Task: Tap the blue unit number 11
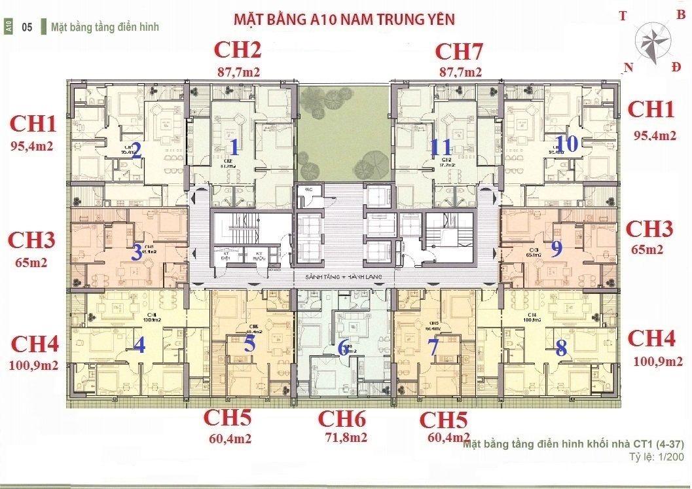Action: (441, 147)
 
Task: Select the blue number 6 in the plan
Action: (343, 348)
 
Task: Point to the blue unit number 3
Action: (136, 252)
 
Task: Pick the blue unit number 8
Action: (561, 348)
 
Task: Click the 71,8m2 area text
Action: (342, 437)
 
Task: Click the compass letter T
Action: (623, 17)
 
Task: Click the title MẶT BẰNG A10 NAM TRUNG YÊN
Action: (344, 19)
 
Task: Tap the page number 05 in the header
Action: (27, 27)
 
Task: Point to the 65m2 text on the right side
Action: (649, 249)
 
